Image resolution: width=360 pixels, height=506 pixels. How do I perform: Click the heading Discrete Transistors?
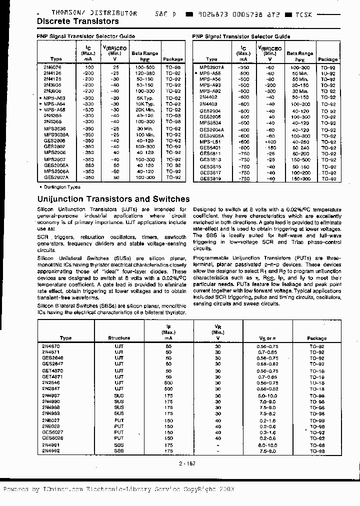pos(78,21)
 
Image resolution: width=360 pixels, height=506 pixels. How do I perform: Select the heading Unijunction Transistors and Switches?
pos(113,199)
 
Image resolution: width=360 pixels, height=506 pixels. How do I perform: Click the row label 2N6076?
pos(51,66)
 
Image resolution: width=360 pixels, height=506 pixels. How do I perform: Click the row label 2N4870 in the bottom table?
pos(51,346)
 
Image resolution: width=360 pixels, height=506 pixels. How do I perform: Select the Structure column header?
pos(119,338)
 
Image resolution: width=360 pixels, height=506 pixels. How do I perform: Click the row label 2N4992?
pos(51,450)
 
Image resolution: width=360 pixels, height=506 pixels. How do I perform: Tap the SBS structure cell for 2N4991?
pos(119,445)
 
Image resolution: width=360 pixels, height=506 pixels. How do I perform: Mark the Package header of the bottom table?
pos(316,338)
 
